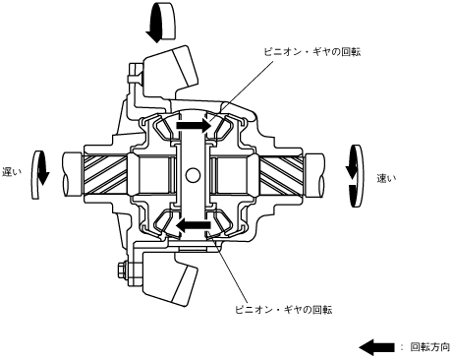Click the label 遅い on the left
[12, 172]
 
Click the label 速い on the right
[386, 178]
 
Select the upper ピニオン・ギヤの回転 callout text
[312, 52]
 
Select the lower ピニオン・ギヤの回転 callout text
[284, 310]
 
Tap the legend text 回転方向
[430, 347]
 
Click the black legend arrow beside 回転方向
[376, 347]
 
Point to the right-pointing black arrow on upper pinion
[194, 125]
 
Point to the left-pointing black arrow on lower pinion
[194, 225]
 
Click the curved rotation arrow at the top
[160, 23]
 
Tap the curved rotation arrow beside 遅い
[39, 175]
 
